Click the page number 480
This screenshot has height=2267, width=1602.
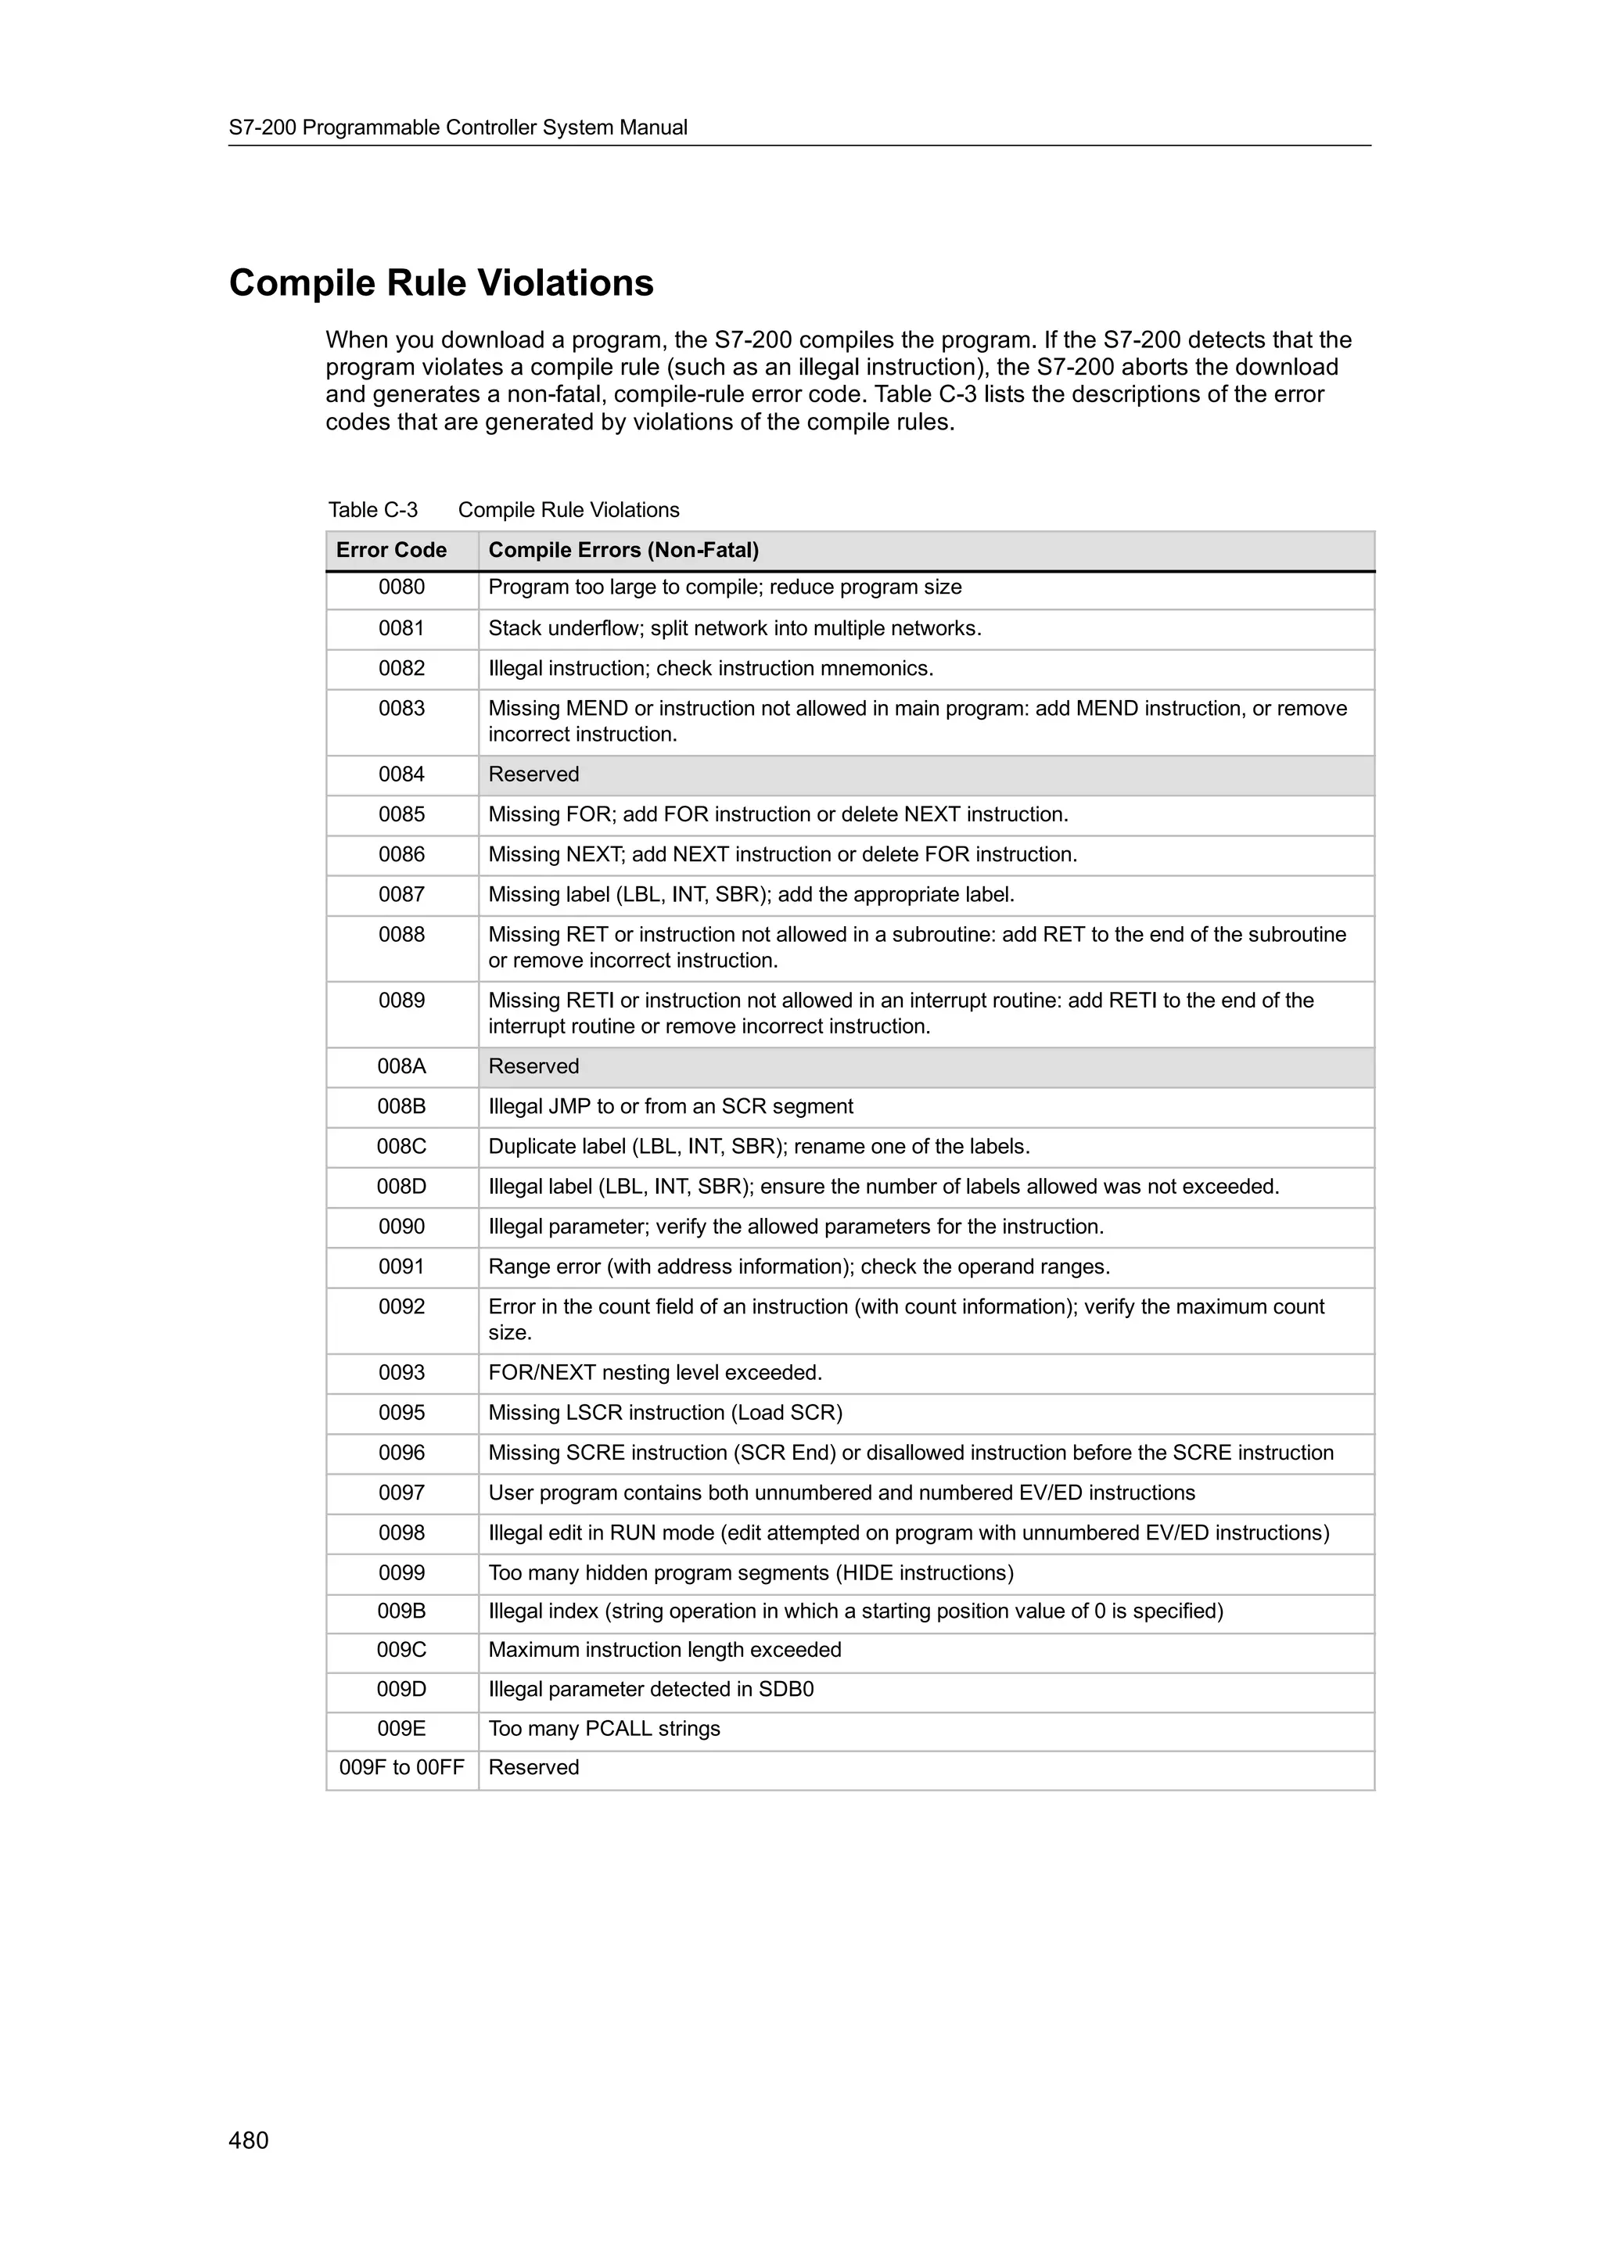[248, 2139]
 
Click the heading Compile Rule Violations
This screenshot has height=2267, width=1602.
[441, 283]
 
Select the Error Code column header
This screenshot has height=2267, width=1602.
[391, 550]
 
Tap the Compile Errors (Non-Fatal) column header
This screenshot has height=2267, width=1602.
[623, 550]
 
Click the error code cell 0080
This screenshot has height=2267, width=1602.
[402, 587]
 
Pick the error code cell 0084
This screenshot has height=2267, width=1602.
[402, 775]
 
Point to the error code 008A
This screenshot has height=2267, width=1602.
[402, 1066]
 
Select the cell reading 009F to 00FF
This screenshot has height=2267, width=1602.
[402, 1767]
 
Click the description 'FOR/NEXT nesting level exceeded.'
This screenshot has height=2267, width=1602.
[655, 1372]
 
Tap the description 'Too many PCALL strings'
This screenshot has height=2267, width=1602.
[604, 1728]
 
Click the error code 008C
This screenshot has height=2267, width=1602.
[402, 1146]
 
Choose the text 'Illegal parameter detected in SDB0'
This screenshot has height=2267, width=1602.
[651, 1690]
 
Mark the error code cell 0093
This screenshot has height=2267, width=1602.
[402, 1372]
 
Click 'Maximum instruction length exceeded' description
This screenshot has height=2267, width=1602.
[664, 1650]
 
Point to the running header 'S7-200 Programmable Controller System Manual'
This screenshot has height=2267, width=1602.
[458, 128]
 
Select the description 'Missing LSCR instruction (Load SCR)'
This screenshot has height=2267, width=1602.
[665, 1413]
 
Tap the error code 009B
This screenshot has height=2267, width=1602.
[402, 1611]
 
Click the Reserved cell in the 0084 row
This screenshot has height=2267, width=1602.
[533, 775]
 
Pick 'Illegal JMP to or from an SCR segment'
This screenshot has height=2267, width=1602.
[670, 1107]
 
